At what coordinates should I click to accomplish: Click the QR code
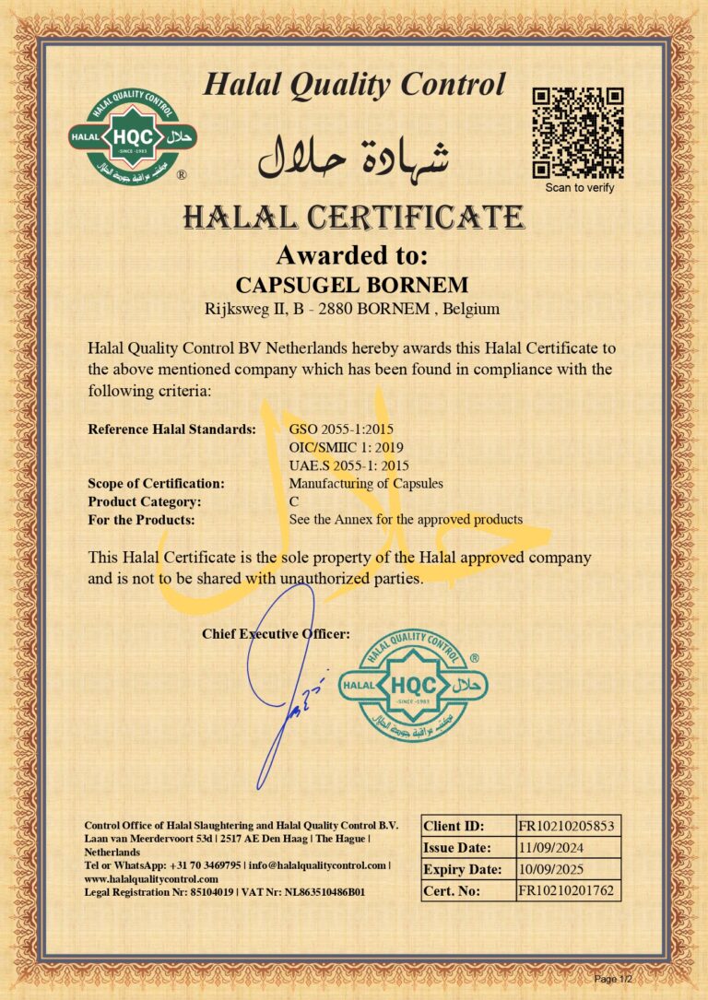pyautogui.click(x=579, y=133)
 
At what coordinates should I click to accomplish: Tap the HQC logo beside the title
pyautogui.click(x=133, y=135)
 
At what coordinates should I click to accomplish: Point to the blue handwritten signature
pyautogui.click(x=286, y=682)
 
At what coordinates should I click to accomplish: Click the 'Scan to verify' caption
pyautogui.click(x=579, y=188)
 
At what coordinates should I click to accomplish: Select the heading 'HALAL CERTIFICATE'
pyautogui.click(x=354, y=218)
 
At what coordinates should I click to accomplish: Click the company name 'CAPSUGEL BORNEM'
pyautogui.click(x=353, y=283)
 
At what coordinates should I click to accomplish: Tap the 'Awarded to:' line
pyautogui.click(x=353, y=254)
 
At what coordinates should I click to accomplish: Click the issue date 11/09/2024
pyautogui.click(x=551, y=848)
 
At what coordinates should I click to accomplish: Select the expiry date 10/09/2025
pyautogui.click(x=551, y=869)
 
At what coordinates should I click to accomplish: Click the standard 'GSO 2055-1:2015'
pyautogui.click(x=342, y=429)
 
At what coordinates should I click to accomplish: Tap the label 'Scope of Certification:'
pyautogui.click(x=156, y=483)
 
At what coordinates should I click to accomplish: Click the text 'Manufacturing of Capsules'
pyautogui.click(x=366, y=483)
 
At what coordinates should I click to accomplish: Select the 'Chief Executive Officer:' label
pyautogui.click(x=276, y=633)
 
